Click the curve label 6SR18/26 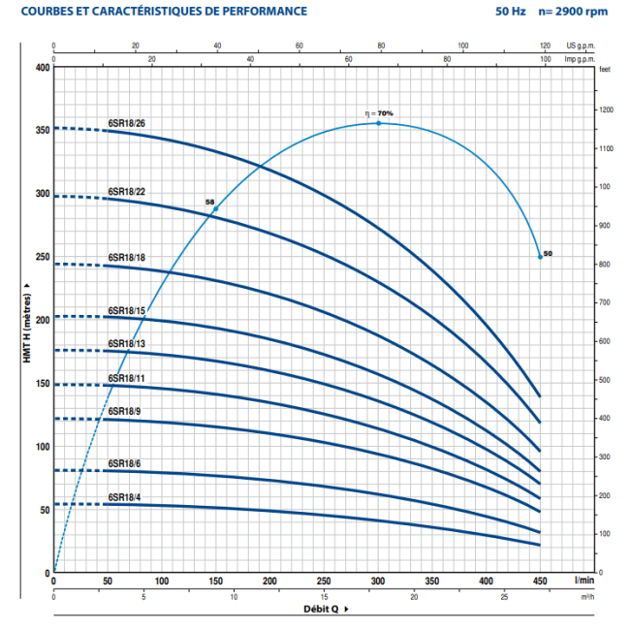pyautogui.click(x=126, y=122)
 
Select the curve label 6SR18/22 pyautogui.click(x=126, y=190)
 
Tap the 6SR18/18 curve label pyautogui.click(x=126, y=258)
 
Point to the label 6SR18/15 pyautogui.click(x=126, y=310)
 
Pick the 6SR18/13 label pyautogui.click(x=126, y=343)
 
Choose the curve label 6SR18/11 pyautogui.click(x=126, y=378)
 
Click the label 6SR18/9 pyautogui.click(x=124, y=411)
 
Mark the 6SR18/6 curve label pyautogui.click(x=124, y=463)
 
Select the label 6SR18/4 pyautogui.click(x=124, y=497)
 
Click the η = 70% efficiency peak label pyautogui.click(x=379, y=113)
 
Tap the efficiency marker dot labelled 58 pyautogui.click(x=216, y=209)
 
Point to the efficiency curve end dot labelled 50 pyautogui.click(x=540, y=257)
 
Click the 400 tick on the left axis pyautogui.click(x=41, y=67)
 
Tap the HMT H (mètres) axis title pyautogui.click(x=27, y=320)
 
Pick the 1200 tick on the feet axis pyautogui.click(x=607, y=110)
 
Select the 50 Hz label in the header pyautogui.click(x=495, y=12)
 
